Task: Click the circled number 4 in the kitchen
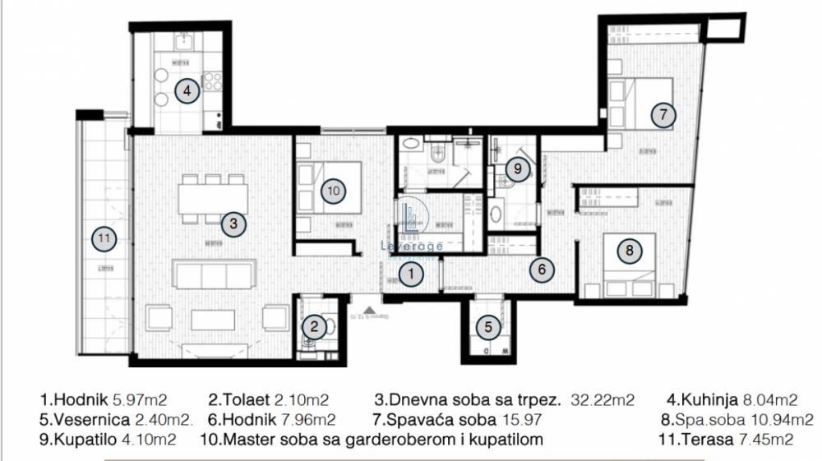(x=187, y=90)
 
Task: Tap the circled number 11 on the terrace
(x=104, y=238)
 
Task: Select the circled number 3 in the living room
(x=233, y=223)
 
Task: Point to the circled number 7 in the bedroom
(x=663, y=115)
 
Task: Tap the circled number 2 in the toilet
(x=314, y=327)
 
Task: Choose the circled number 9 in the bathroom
(x=516, y=169)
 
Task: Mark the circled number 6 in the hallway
(x=541, y=268)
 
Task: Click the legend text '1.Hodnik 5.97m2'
(x=103, y=400)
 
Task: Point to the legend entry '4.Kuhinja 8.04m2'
(x=732, y=400)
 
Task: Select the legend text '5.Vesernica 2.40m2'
(x=116, y=420)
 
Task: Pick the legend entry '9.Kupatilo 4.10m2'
(x=108, y=440)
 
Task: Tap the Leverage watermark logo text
(x=412, y=245)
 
